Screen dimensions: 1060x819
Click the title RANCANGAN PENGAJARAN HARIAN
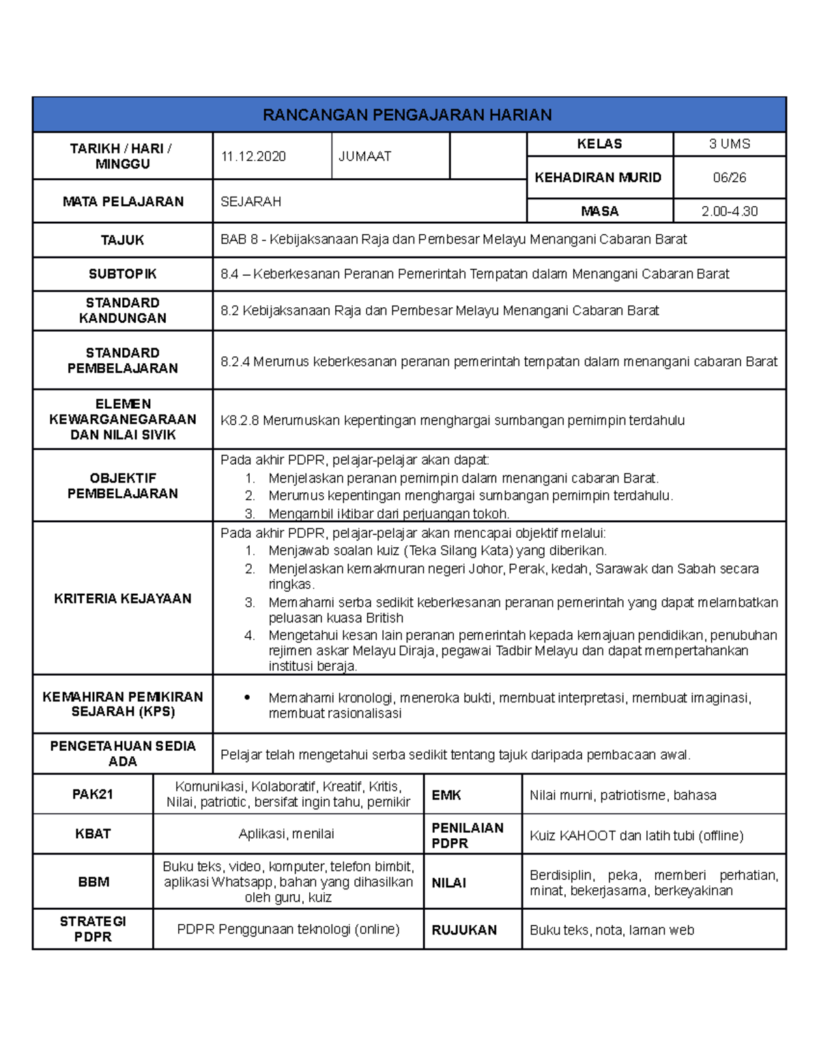pyautogui.click(x=407, y=115)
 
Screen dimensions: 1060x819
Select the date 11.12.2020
pyautogui.click(x=253, y=156)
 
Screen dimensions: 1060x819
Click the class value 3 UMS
pyautogui.click(x=729, y=144)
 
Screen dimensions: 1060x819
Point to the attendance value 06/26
pyautogui.click(x=729, y=177)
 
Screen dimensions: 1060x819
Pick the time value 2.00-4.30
pyautogui.click(x=729, y=212)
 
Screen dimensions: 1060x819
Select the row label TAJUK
pyautogui.click(x=122, y=240)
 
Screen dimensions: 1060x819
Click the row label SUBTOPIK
pyautogui.click(x=122, y=274)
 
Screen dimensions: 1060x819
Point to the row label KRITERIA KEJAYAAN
pyautogui.click(x=122, y=599)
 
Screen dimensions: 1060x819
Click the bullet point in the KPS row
pyautogui.click(x=248, y=698)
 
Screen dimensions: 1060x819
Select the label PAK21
pyautogui.click(x=92, y=794)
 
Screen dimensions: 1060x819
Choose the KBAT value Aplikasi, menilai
pyautogui.click(x=287, y=834)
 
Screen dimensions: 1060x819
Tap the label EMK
pyautogui.click(x=446, y=795)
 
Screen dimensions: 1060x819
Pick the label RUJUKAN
pyautogui.click(x=464, y=930)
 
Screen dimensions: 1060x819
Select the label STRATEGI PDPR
pyautogui.click(x=93, y=929)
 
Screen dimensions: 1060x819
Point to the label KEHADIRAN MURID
pyautogui.click(x=598, y=177)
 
